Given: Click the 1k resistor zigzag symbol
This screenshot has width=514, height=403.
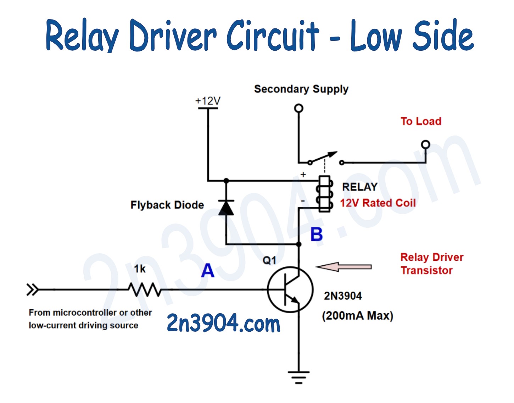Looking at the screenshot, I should (x=145, y=290).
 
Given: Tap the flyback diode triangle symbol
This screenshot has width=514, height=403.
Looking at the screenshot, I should (x=226, y=208).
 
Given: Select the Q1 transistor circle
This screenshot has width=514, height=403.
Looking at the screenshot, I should (x=290, y=289).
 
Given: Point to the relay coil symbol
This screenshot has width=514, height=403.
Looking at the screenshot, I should (x=325, y=194).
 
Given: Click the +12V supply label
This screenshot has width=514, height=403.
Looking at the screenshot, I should (x=208, y=101).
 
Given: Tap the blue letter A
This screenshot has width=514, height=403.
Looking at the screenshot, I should (x=208, y=271).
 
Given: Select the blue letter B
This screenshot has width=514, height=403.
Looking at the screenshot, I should (x=317, y=234).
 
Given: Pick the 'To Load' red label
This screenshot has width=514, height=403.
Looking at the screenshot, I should (x=421, y=121).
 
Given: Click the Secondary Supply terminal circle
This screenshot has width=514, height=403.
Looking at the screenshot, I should (x=299, y=108).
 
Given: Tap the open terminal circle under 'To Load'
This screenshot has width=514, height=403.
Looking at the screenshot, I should (x=425, y=144).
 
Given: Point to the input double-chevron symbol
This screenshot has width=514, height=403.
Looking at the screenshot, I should (x=32, y=290).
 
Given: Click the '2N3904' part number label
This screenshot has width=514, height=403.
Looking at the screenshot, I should (x=343, y=296).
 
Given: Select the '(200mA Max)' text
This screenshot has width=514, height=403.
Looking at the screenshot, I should (x=357, y=316).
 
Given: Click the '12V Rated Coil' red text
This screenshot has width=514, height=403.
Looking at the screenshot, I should (x=378, y=203).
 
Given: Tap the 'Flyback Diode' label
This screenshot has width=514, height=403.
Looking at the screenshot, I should (x=167, y=205).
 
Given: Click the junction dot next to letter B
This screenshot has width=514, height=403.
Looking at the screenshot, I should (x=299, y=244).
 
